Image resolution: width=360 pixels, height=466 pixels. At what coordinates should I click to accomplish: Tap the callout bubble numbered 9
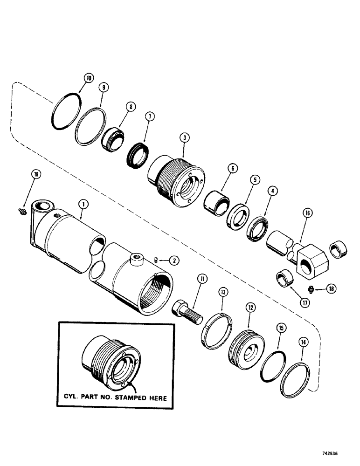coord(103,87)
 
